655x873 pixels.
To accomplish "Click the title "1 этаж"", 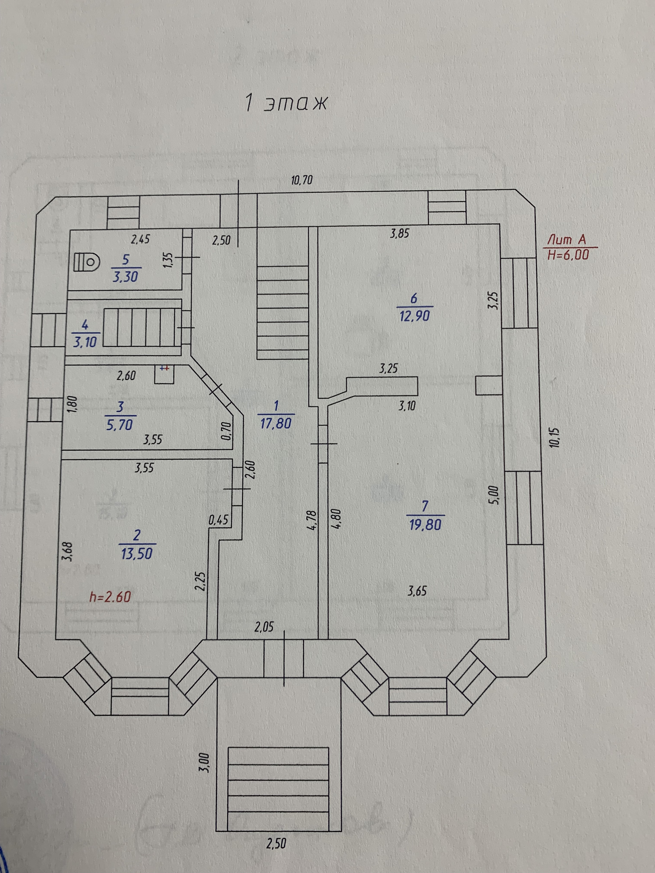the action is (x=286, y=103).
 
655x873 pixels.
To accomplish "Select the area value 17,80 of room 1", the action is (x=276, y=424).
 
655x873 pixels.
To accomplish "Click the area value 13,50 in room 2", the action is (x=136, y=554).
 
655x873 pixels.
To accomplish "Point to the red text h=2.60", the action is (x=110, y=597).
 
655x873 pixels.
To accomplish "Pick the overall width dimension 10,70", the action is (x=302, y=180).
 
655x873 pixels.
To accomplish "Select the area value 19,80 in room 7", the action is (x=425, y=525).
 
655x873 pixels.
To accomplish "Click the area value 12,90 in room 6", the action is (x=414, y=316).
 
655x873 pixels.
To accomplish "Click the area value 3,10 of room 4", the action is (x=85, y=342).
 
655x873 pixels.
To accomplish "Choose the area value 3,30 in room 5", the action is (x=125, y=277).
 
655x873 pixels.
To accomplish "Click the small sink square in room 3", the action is (x=164, y=374).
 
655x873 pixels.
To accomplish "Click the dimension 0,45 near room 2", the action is (x=218, y=519).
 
